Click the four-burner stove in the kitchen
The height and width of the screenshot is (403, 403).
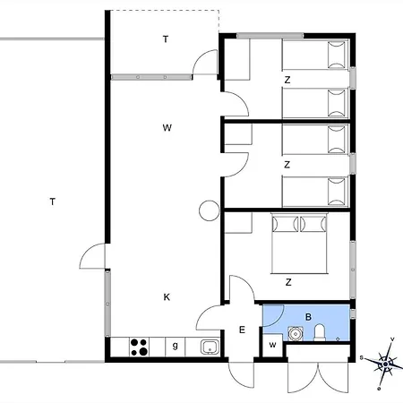tap(139, 347)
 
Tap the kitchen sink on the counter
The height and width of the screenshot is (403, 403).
tap(210, 347)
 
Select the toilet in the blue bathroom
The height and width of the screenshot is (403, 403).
tap(320, 333)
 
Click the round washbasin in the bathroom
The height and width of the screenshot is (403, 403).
tap(296, 333)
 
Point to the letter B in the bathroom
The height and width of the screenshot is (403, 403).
tap(308, 317)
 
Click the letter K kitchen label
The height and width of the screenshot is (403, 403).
tap(167, 297)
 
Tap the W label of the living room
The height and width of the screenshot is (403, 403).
tap(167, 128)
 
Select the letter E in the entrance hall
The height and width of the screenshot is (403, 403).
tap(242, 330)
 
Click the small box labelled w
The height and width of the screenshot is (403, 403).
tap(272, 345)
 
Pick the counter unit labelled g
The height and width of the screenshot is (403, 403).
tap(176, 347)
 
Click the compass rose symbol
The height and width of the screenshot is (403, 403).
tap(385, 364)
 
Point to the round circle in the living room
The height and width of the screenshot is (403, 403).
tap(210, 210)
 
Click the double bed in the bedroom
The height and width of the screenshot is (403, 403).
tap(300, 244)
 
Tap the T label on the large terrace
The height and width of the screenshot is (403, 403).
tap(53, 201)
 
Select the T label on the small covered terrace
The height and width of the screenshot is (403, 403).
tap(166, 39)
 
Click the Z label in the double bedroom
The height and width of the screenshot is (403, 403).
tap(288, 282)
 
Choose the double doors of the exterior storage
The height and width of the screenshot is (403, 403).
tap(318, 378)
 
